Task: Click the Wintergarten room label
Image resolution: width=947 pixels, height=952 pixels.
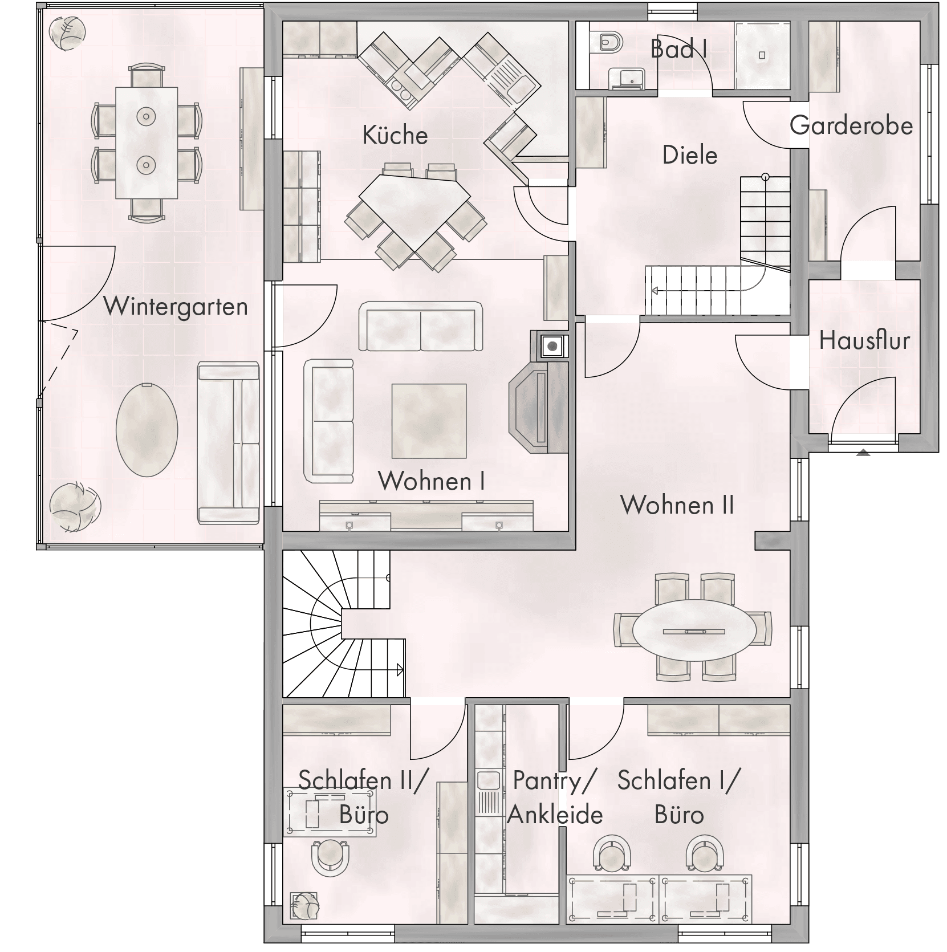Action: point(176,307)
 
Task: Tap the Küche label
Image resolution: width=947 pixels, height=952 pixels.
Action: point(395,135)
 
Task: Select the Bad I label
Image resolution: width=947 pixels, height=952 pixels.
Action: point(679,49)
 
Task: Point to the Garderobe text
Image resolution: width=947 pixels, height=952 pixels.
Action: point(851,125)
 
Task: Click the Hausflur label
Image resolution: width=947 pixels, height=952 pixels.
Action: point(864,340)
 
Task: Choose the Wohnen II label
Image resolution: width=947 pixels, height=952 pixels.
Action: point(677,505)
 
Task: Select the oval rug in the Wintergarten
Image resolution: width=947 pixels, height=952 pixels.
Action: point(147,430)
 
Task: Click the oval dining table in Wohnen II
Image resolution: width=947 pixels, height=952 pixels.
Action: point(694,631)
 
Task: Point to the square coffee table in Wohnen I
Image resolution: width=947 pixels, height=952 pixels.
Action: point(429,421)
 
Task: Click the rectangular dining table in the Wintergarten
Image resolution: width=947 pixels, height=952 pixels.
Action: point(147,143)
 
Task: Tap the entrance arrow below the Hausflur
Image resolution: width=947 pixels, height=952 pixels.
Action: point(863,453)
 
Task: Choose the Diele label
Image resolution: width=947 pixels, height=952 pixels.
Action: point(690,155)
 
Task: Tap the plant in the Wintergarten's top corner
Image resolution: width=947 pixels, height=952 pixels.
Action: point(67,32)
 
